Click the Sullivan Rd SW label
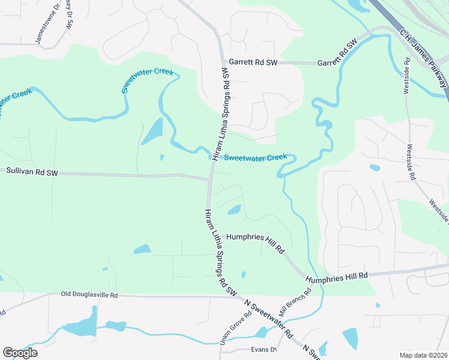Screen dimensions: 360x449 tap(32, 172)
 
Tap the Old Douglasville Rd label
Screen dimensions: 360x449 tap(90, 295)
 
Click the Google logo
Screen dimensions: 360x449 tap(20, 353)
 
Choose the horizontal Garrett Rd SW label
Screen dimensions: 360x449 tap(253, 62)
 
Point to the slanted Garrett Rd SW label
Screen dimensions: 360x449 tap(337, 53)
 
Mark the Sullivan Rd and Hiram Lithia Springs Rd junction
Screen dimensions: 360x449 tap(211, 178)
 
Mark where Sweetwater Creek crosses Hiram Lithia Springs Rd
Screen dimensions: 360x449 tap(214, 157)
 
